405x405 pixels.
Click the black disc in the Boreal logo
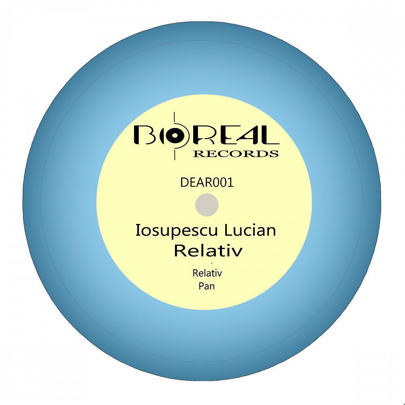[x=175, y=135]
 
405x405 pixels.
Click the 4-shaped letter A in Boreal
[x=244, y=135]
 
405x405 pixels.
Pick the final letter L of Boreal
[x=267, y=135]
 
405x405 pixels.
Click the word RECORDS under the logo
[x=236, y=153]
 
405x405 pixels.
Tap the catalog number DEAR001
[x=207, y=182]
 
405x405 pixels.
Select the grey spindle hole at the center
[x=207, y=205]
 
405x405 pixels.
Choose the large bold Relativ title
[x=209, y=251]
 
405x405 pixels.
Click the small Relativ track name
[x=207, y=273]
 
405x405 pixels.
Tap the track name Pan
[x=207, y=286]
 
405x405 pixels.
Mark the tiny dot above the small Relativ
[x=211, y=264]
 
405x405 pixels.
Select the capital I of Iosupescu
[x=137, y=230]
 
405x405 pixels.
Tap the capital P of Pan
[x=201, y=286]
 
